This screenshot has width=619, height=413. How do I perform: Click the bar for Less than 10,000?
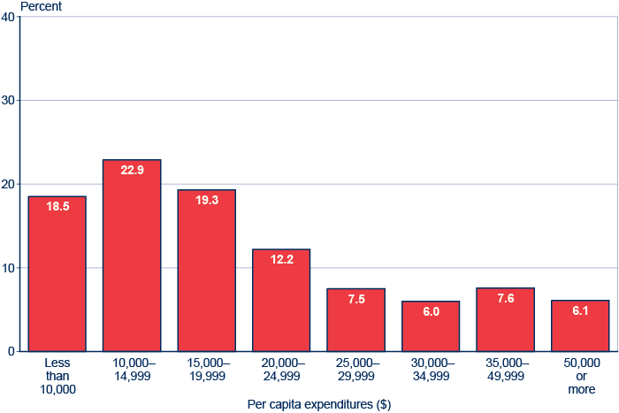tap(57, 274)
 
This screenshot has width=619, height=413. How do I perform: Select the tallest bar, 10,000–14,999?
tap(132, 256)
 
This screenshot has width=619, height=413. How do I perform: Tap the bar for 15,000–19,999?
tap(206, 271)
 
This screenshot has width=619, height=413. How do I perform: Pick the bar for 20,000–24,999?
tap(281, 301)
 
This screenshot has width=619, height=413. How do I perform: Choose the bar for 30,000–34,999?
tap(431, 326)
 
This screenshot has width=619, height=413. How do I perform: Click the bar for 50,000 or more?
tap(580, 326)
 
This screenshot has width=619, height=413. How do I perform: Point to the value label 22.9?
tap(132, 171)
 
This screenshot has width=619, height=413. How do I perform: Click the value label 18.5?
tap(57, 207)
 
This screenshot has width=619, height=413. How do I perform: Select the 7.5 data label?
tap(355, 299)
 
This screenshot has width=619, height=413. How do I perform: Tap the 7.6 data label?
tap(505, 299)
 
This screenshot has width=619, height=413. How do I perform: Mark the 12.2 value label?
tap(281, 260)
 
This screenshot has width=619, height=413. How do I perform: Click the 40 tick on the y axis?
tap(8, 17)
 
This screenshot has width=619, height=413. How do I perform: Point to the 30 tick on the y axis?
tap(8, 101)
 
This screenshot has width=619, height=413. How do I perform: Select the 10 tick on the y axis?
tap(8, 268)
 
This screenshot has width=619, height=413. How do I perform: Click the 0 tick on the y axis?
tap(11, 352)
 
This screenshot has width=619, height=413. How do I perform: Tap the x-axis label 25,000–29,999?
tap(355, 370)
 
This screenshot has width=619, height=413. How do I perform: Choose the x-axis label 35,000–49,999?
tap(505, 370)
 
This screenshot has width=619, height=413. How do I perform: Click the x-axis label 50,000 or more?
tap(580, 376)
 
